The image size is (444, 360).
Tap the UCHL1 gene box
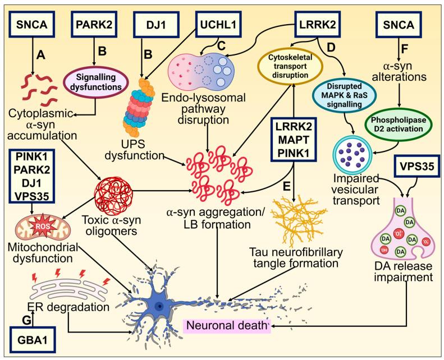coord(223,26)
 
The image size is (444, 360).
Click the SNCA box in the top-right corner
coord(406,26)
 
